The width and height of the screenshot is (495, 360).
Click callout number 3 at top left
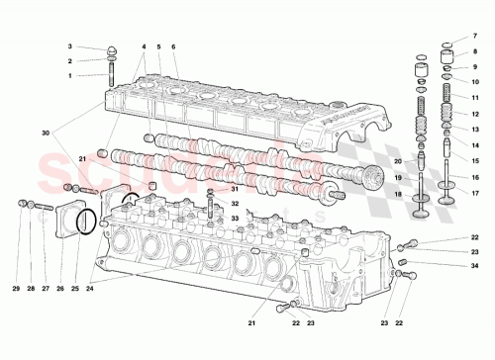[x=70, y=46]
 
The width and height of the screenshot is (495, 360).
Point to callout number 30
[x=45, y=133]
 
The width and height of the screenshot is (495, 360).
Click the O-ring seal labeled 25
[x=87, y=222]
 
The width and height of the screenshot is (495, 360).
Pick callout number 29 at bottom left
[x=17, y=288]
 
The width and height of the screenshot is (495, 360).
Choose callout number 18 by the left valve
[x=398, y=195]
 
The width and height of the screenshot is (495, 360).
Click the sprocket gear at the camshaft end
[x=371, y=180]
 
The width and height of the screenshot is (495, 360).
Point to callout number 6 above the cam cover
[x=173, y=46]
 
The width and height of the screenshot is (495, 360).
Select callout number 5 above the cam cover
[x=158, y=46]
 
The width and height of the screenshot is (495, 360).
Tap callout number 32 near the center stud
[x=235, y=203]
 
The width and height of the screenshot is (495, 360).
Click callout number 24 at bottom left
[x=89, y=288]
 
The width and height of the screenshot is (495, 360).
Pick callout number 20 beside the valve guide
[x=398, y=161]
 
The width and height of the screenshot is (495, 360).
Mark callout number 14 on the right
[x=474, y=144]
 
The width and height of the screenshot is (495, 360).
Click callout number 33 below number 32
[x=235, y=218]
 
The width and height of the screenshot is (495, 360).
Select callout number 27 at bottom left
[x=46, y=288]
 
